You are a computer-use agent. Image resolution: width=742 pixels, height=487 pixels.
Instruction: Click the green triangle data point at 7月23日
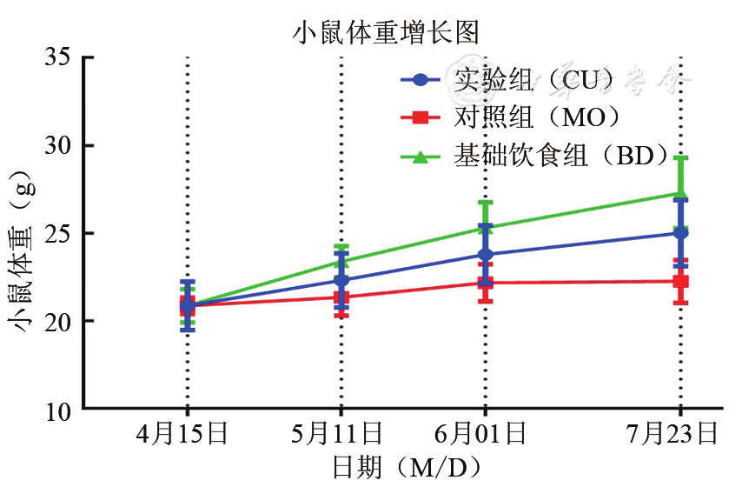point(681,193)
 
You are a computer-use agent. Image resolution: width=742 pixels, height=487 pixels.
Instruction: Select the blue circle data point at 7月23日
point(681,233)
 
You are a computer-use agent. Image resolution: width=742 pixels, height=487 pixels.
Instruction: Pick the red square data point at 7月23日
point(681,281)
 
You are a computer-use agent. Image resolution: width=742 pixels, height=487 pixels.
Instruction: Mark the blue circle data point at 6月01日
point(485,255)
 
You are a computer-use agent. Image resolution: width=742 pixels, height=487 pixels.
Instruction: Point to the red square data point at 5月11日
point(341,297)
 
